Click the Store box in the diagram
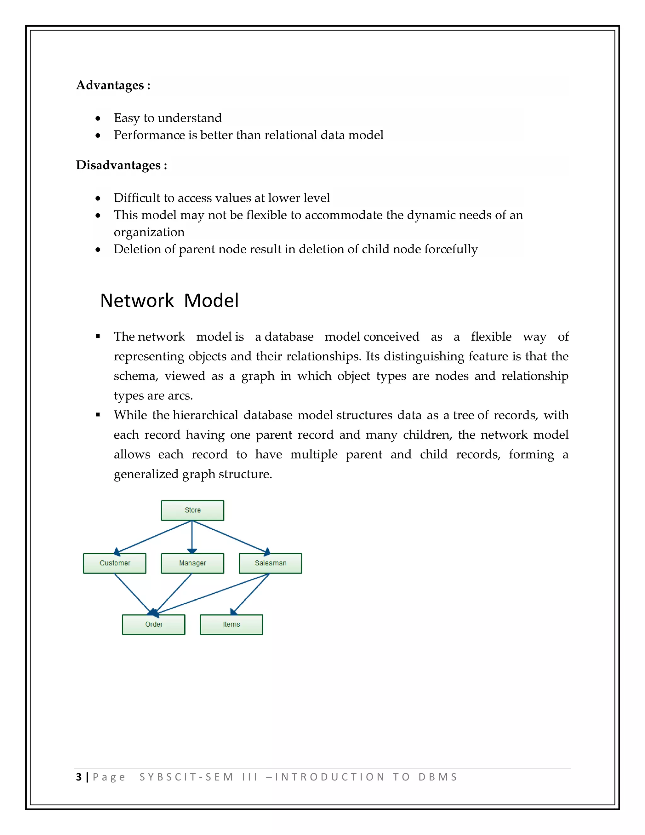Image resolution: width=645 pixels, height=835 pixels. (x=192, y=510)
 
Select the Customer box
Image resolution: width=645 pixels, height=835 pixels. (x=115, y=563)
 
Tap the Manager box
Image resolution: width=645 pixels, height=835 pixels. (x=192, y=563)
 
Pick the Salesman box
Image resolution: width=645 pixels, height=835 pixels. (x=270, y=563)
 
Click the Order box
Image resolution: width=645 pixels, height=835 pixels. (x=154, y=624)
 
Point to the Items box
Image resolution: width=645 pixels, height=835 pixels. (x=231, y=624)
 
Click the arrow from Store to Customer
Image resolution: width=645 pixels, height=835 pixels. (x=153, y=537)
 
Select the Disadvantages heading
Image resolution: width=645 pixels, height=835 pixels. (x=122, y=165)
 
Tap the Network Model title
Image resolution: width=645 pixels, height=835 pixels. (x=169, y=301)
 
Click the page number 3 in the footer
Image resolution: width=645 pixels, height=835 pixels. (x=79, y=777)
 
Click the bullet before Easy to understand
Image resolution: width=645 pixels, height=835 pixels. (x=98, y=118)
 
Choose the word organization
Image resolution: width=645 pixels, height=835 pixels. (x=149, y=232)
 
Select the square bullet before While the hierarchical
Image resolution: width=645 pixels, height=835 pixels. (x=98, y=415)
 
